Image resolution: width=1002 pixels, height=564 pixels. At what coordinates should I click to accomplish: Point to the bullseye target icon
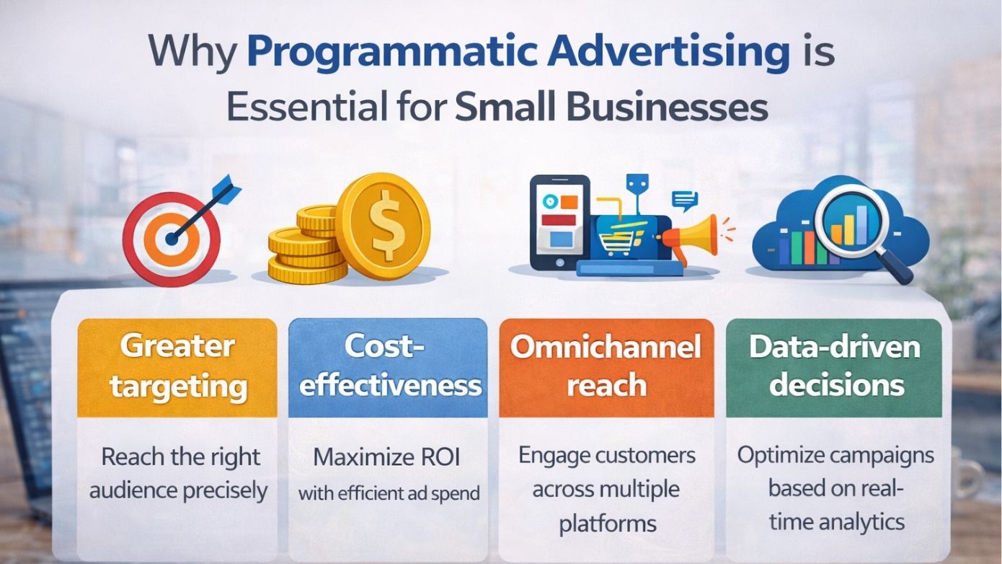[170, 237]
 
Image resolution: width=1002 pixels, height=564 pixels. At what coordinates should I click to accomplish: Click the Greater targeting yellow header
[177, 367]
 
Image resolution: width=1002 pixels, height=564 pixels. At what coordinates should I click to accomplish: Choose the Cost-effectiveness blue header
[389, 367]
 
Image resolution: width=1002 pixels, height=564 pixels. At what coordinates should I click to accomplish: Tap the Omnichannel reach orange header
[606, 367]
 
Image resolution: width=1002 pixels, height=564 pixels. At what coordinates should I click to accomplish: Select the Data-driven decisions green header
[834, 367]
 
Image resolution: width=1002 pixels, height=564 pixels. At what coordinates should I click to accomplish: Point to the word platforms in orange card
[607, 524]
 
